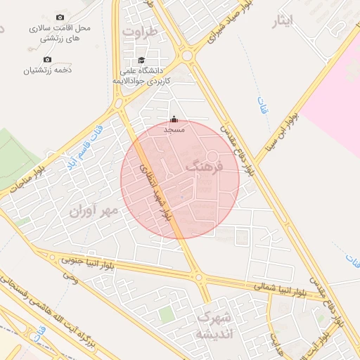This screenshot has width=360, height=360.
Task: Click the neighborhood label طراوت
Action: [136, 32]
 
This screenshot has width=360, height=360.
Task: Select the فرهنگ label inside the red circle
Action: [205, 167]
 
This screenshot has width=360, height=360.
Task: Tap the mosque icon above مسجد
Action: [174, 119]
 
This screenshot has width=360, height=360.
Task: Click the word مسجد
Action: [174, 129]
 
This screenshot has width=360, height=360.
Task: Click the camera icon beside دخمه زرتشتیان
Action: [47, 60]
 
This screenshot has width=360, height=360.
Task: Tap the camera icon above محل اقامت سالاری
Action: [59, 17]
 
